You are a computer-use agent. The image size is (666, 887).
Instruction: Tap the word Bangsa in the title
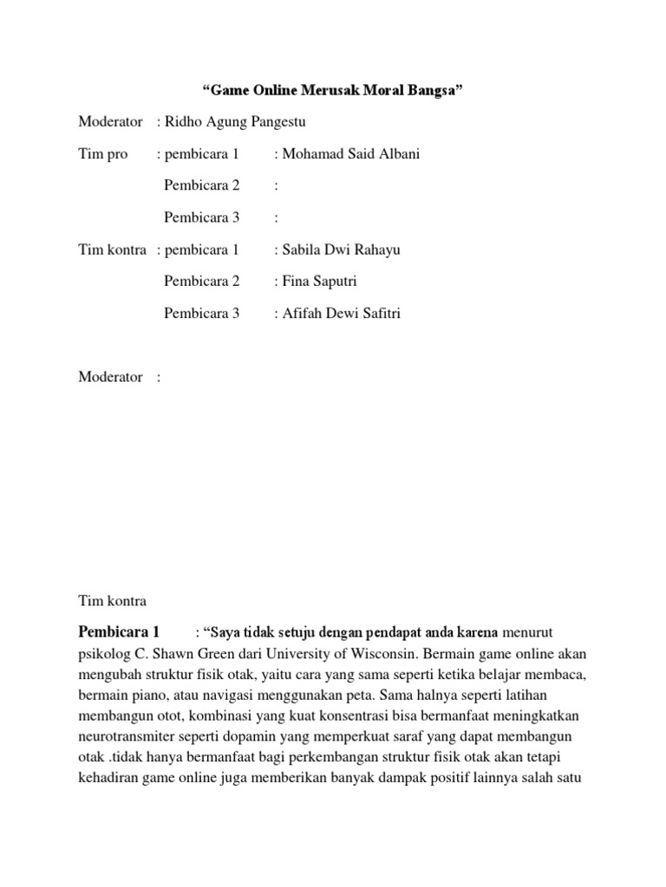435,90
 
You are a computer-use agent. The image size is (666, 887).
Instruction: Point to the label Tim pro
103,153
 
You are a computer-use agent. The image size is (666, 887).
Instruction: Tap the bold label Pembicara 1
119,631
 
